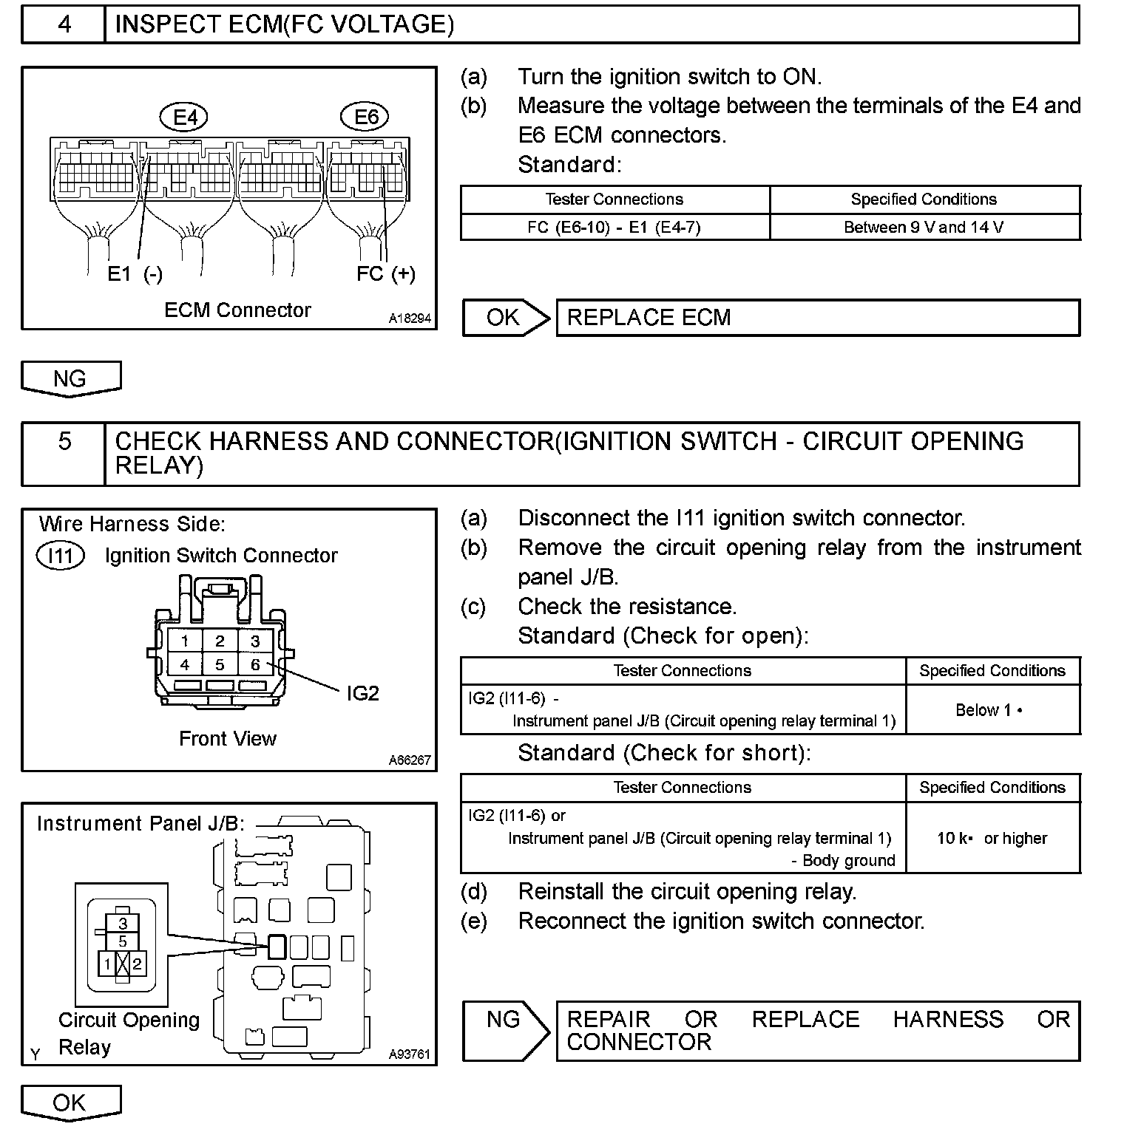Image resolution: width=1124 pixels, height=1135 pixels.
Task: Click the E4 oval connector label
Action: [185, 117]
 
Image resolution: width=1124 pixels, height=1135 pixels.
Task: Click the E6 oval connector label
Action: [366, 117]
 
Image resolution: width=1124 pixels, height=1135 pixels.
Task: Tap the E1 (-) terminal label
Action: [135, 274]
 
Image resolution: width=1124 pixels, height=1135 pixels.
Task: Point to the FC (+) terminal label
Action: [385, 274]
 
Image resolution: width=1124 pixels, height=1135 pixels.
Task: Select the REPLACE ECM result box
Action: [817, 318]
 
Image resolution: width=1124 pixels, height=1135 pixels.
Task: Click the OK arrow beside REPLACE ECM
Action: [507, 318]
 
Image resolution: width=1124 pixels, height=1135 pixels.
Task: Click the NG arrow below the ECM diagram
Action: [70, 379]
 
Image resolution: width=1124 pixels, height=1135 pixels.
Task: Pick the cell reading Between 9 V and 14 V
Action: [924, 228]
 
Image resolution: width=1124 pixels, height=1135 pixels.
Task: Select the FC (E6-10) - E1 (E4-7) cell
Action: [614, 228]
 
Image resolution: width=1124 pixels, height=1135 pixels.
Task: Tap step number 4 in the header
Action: [64, 24]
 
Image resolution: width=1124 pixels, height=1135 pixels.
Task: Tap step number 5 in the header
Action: [64, 442]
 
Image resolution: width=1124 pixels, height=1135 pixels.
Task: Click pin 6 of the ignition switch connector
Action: [255, 664]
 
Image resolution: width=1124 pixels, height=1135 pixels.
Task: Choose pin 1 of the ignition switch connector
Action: [185, 641]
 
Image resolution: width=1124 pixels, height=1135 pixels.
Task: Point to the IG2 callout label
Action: [362, 693]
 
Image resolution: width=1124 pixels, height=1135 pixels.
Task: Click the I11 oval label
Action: [61, 556]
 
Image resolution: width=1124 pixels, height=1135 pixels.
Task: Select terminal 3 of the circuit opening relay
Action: [123, 924]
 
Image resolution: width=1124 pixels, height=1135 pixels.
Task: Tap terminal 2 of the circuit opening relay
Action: [137, 964]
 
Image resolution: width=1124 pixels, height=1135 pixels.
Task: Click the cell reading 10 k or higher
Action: [992, 838]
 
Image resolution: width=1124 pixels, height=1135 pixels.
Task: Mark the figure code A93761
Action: [409, 1054]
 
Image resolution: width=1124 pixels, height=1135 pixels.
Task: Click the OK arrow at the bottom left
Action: [70, 1103]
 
